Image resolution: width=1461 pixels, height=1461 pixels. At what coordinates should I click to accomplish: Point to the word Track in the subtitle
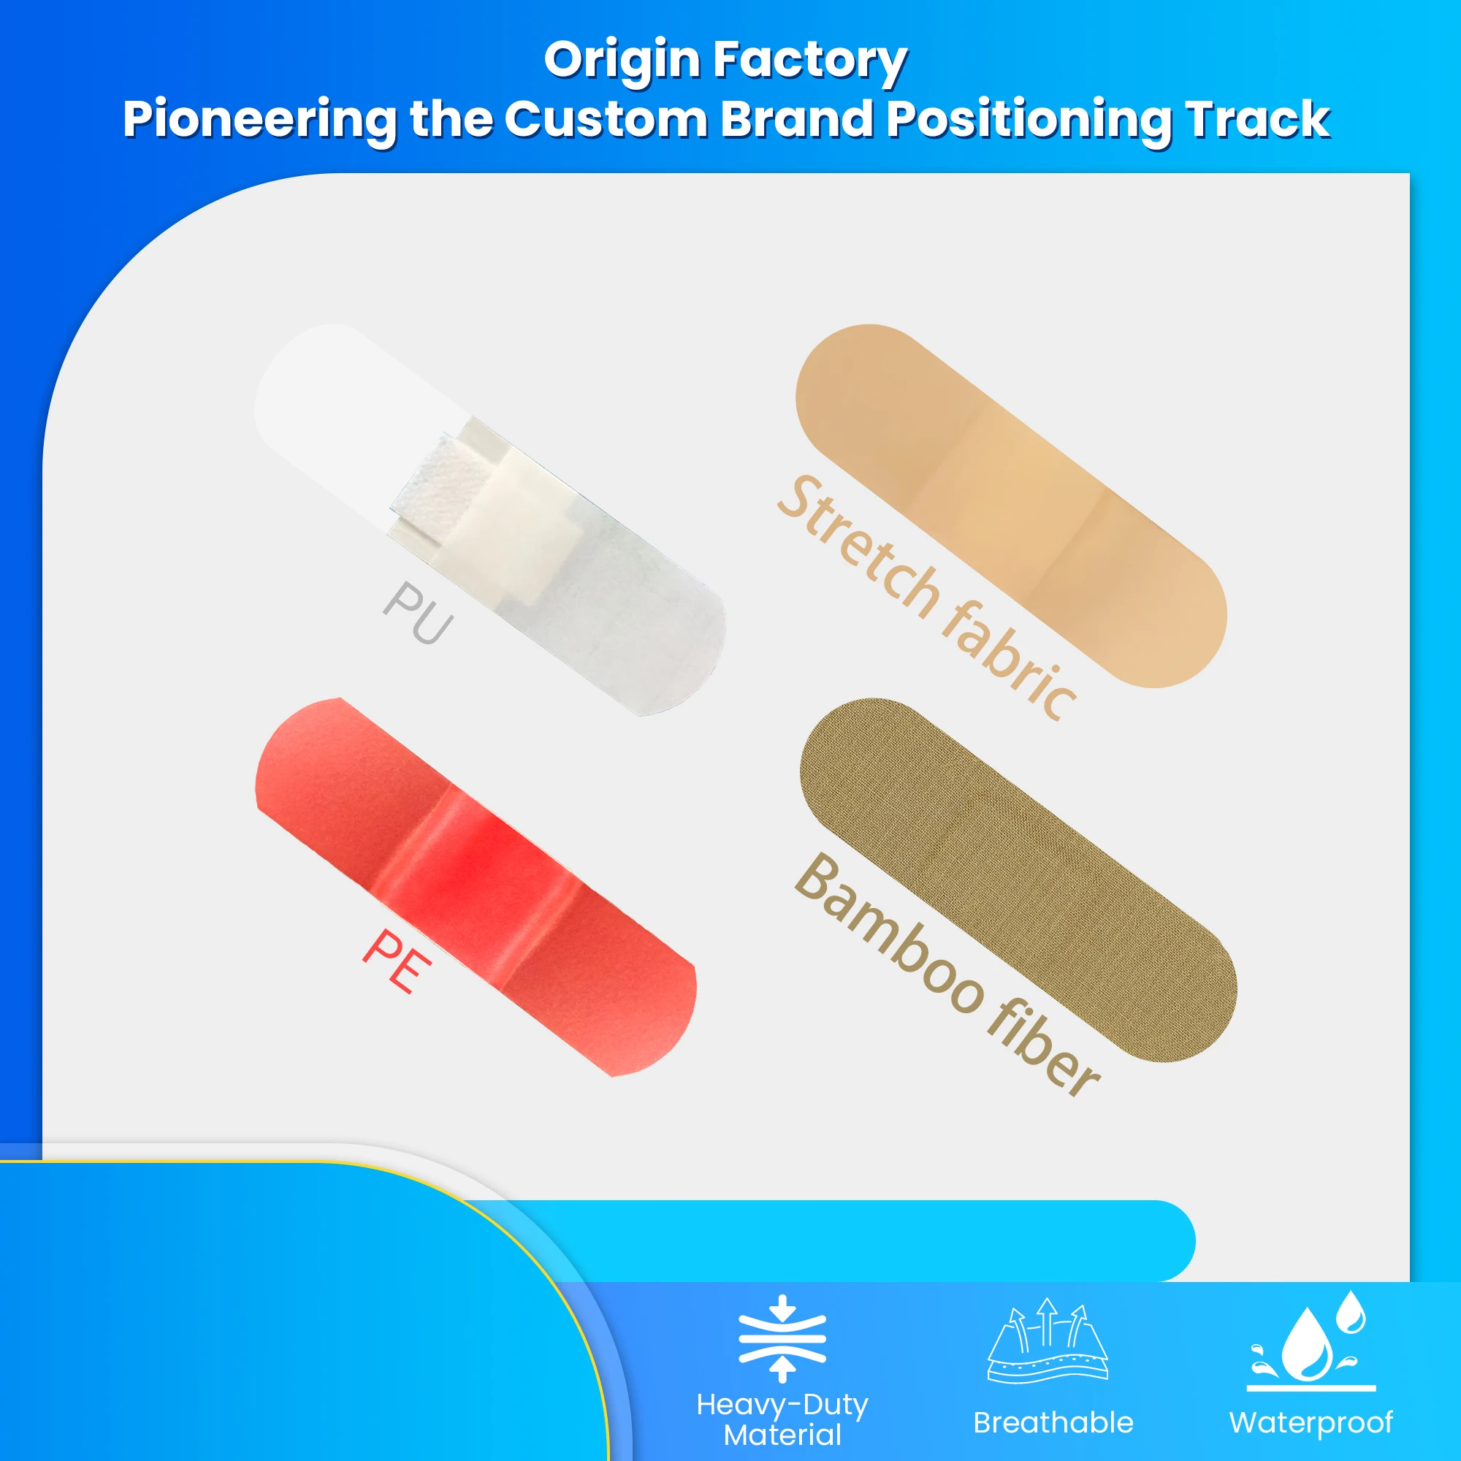pos(1256,120)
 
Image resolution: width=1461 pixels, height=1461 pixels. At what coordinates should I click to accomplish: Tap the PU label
pos(418,613)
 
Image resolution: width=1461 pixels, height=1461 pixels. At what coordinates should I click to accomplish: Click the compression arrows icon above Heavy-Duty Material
pos(782,1338)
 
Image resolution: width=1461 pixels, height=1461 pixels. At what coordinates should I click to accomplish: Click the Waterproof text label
pos(1311,1422)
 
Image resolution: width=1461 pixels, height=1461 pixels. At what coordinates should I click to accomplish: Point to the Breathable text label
pos(1053,1422)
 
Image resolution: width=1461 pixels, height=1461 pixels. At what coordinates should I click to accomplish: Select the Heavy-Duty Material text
pos(782,1419)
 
